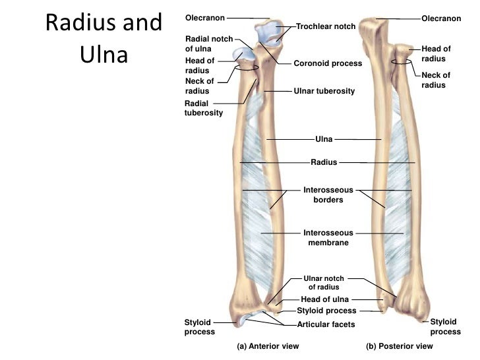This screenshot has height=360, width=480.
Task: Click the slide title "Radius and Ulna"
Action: point(103,38)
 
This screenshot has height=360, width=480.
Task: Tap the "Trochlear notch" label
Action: point(326,26)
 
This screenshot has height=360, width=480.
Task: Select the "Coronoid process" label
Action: point(328,63)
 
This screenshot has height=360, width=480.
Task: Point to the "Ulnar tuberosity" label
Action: point(324,90)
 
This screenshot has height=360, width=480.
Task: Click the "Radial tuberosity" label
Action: point(204,108)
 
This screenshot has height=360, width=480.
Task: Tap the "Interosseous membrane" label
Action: point(328,237)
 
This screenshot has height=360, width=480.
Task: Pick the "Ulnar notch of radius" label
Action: point(323,282)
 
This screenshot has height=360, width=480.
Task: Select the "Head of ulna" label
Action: point(324,299)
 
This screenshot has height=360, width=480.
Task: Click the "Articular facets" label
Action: point(326,324)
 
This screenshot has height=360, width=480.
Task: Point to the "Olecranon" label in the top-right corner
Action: point(441,18)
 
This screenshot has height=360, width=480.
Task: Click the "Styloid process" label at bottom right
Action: point(445,326)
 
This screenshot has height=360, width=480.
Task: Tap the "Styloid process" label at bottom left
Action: point(199,327)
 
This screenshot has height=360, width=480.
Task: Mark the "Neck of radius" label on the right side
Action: point(436,80)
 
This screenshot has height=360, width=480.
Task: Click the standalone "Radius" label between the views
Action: point(324,162)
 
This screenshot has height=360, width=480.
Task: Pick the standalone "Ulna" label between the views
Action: point(324,139)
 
